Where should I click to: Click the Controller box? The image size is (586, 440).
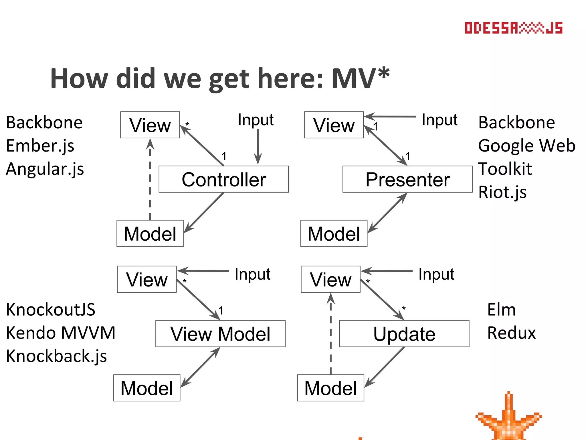[x=223, y=179]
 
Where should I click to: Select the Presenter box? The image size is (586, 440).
[x=407, y=179]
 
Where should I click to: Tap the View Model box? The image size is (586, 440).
[x=220, y=334]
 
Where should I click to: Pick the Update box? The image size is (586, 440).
[x=404, y=334]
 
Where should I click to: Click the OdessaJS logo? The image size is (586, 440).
[x=513, y=28]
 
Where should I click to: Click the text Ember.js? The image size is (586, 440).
[x=40, y=146]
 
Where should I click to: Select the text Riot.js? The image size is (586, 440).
[x=502, y=192]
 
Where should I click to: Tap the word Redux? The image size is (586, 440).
[x=511, y=333]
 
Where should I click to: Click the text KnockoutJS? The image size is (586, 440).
[x=51, y=310]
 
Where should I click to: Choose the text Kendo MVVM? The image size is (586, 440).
[x=61, y=333]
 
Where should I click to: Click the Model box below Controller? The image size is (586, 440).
[x=150, y=233]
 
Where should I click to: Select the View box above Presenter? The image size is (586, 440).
[x=334, y=125]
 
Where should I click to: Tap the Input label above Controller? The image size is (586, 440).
[x=256, y=120]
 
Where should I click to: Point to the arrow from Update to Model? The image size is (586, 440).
[x=385, y=366]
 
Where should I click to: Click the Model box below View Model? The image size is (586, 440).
[x=146, y=388]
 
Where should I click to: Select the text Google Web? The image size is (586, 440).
[x=526, y=146]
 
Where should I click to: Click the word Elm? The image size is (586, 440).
[x=501, y=310]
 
